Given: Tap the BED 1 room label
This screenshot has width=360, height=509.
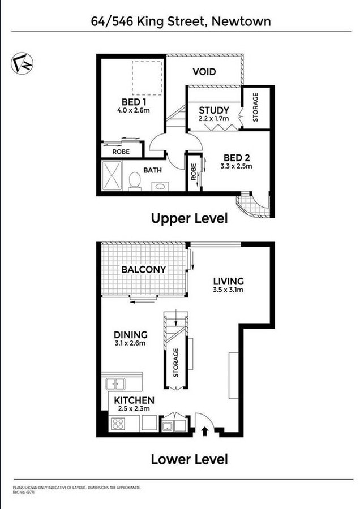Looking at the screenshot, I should [135, 102].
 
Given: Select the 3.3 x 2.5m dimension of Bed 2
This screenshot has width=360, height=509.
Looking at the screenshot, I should [237, 166].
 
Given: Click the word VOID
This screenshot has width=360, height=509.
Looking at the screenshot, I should [205, 72].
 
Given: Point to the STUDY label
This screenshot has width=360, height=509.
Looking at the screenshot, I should [214, 110].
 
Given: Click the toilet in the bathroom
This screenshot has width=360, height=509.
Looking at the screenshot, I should [135, 182].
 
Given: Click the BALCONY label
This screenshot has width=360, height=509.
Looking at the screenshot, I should [144, 269].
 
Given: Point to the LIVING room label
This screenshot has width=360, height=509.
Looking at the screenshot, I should [228, 281].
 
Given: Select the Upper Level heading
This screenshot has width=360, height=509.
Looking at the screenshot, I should [189, 218].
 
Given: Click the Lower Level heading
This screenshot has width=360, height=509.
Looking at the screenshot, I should [189, 459].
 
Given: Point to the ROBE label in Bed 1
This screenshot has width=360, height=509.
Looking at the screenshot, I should [121, 152].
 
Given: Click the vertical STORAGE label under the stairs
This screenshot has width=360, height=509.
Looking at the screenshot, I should [176, 363].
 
